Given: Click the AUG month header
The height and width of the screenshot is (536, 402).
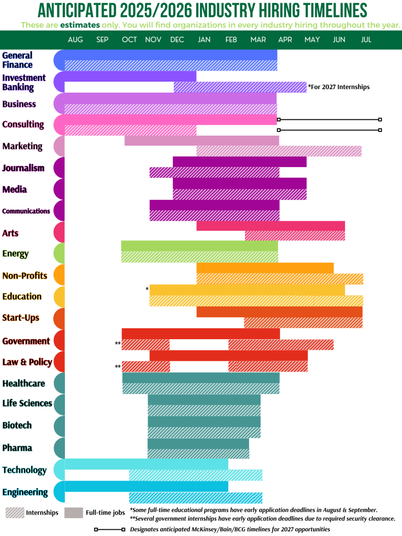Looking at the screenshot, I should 75,40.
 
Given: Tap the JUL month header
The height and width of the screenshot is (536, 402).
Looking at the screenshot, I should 366,40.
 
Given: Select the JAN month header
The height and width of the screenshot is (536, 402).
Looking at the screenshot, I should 204,40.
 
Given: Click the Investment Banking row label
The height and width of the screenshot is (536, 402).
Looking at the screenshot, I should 24,82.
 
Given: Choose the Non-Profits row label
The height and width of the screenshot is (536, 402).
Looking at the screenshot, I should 25,275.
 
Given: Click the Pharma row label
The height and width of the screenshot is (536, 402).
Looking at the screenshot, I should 17,448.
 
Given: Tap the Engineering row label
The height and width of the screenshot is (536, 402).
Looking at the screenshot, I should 25,492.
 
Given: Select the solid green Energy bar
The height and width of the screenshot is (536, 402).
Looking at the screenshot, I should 199,245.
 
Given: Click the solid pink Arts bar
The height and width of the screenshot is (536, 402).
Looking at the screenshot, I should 271,226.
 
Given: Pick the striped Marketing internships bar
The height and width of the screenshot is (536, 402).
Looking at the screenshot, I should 278,151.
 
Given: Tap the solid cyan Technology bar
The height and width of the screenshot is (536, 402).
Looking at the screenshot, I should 147,464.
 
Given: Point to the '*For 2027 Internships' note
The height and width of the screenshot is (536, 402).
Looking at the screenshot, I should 339,87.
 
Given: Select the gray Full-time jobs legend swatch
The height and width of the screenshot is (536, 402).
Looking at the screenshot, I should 74,512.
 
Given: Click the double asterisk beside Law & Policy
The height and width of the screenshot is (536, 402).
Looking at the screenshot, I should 118,367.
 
